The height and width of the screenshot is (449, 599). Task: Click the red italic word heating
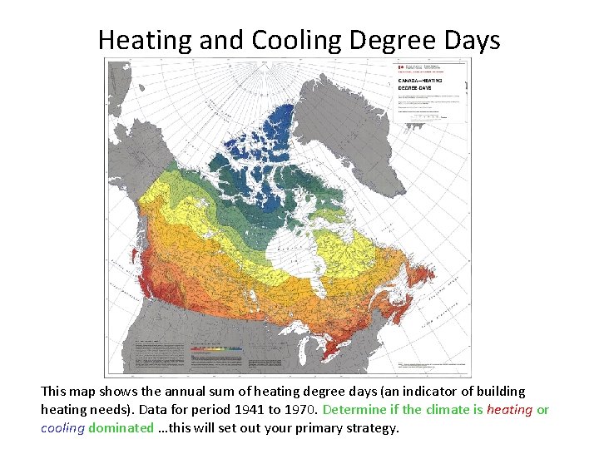[x=509, y=410]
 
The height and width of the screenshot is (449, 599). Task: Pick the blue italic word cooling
[x=62, y=429]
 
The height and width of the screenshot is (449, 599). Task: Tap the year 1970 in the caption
[x=285, y=410]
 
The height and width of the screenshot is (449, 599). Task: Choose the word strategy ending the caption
[x=371, y=429]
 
